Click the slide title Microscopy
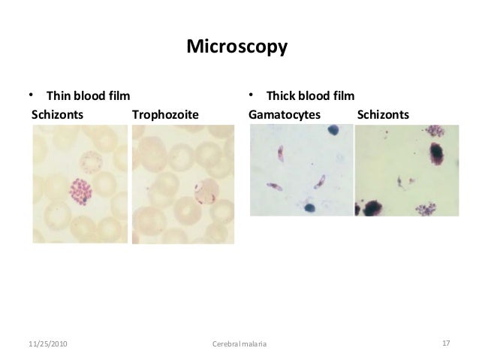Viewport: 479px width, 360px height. coord(236,48)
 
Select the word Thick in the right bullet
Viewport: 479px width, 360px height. coord(283,96)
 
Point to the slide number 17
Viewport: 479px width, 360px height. coord(446,343)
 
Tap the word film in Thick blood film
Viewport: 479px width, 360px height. coord(343,96)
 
